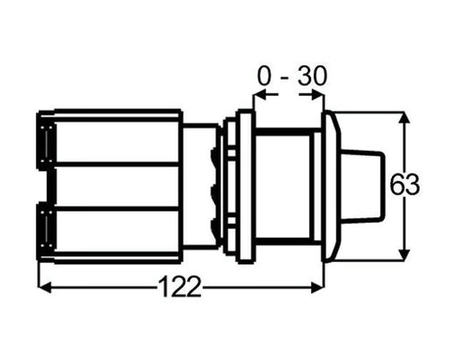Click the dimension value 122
click(x=180, y=286)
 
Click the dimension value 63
click(x=405, y=185)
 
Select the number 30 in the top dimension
click(x=313, y=76)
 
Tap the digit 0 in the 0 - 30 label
click(x=264, y=76)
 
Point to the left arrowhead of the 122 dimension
click(x=45, y=287)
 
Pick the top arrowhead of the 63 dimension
click(x=404, y=119)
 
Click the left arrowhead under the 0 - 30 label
click(x=260, y=95)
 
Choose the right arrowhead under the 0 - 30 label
click(x=316, y=95)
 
